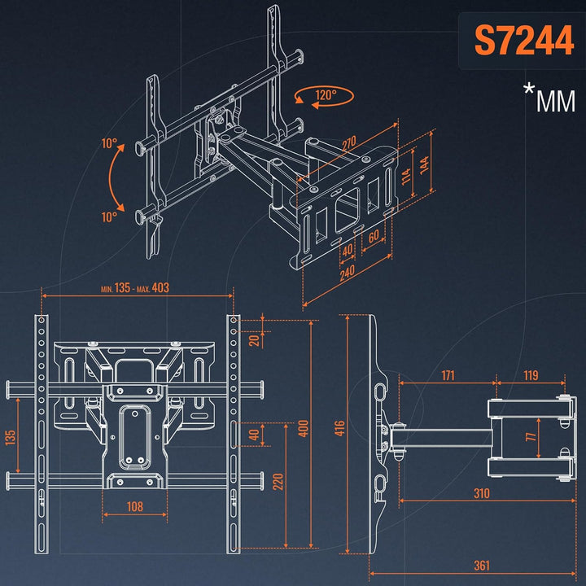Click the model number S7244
pos(524,41)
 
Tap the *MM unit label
pos(549,98)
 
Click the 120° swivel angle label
pos(326,95)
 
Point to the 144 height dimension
pos(425,164)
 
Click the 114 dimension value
pos(406,176)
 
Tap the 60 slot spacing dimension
pos(374,236)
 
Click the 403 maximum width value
pos(160,288)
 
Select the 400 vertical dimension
pos(303,428)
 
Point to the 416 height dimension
pos(339,428)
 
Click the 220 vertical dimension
pos(278,482)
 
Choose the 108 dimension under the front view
pos(135,507)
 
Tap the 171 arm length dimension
pos(448,375)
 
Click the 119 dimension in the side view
pos(531,375)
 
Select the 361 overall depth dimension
pos(481,566)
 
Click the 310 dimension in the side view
pos(481,494)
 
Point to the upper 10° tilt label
pos(109,143)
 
